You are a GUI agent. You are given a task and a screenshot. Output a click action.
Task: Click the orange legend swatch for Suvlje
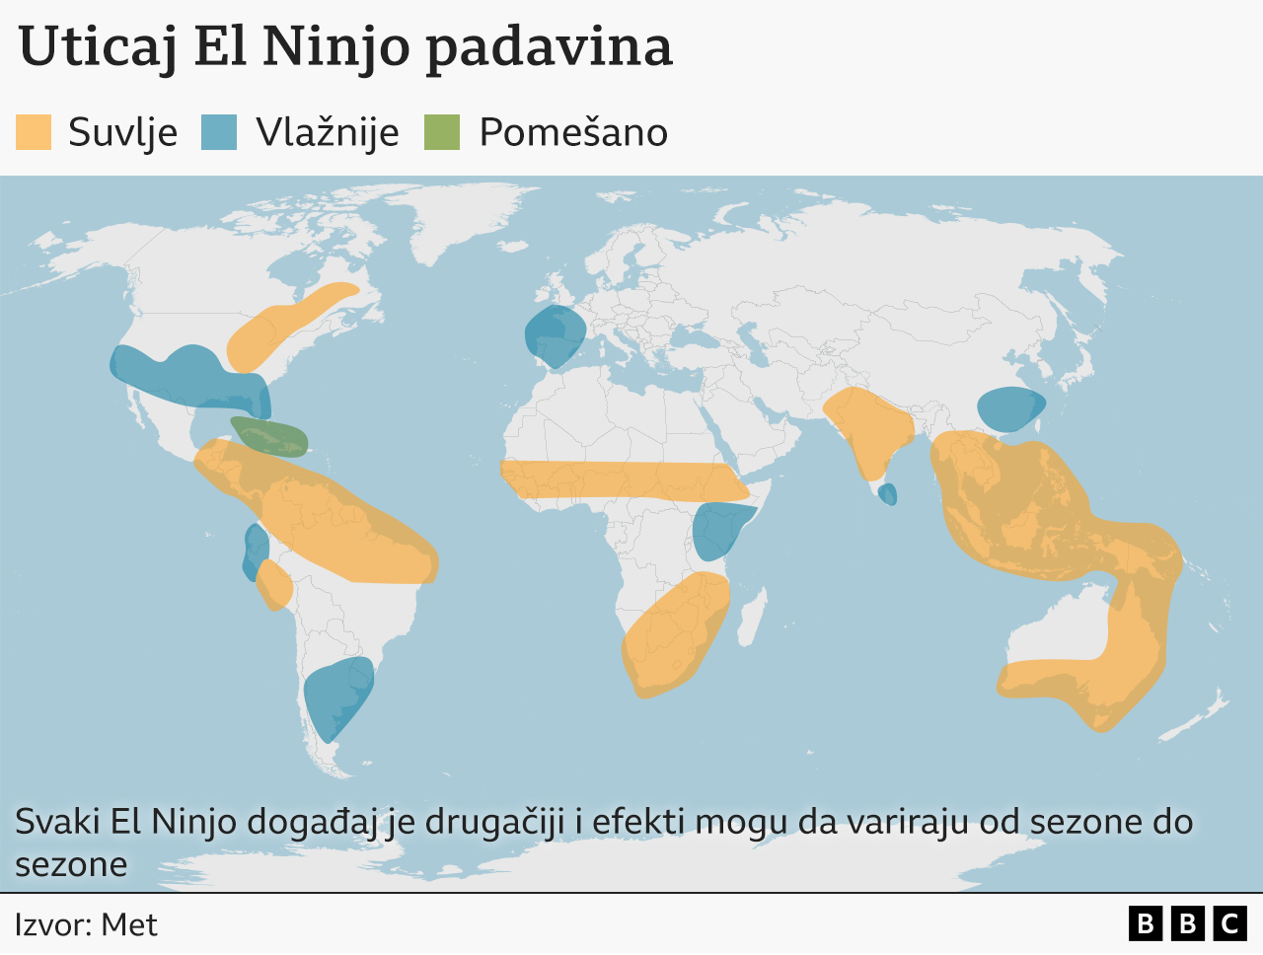tap(34, 132)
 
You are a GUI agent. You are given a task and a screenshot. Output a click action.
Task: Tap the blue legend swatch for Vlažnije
tap(219, 132)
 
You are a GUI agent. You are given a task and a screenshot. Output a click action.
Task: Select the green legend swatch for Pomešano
tap(442, 132)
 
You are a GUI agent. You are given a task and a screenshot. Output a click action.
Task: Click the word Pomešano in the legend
tap(573, 132)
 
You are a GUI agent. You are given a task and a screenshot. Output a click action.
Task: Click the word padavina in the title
tap(549, 46)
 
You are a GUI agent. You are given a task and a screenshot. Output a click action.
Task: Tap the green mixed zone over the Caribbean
tap(269, 436)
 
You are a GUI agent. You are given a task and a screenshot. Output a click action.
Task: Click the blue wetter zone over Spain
tap(554, 334)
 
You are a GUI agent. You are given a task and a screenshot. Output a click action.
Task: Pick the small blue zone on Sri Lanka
tap(888, 493)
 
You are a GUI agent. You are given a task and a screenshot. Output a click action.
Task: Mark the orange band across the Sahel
tap(622, 479)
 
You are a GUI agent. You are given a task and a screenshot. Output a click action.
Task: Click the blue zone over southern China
tap(1009, 407)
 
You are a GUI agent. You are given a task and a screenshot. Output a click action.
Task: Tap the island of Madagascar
tap(752, 615)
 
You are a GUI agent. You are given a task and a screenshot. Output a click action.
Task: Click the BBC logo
tap(1187, 923)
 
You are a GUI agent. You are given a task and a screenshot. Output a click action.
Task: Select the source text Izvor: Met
tap(86, 924)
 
